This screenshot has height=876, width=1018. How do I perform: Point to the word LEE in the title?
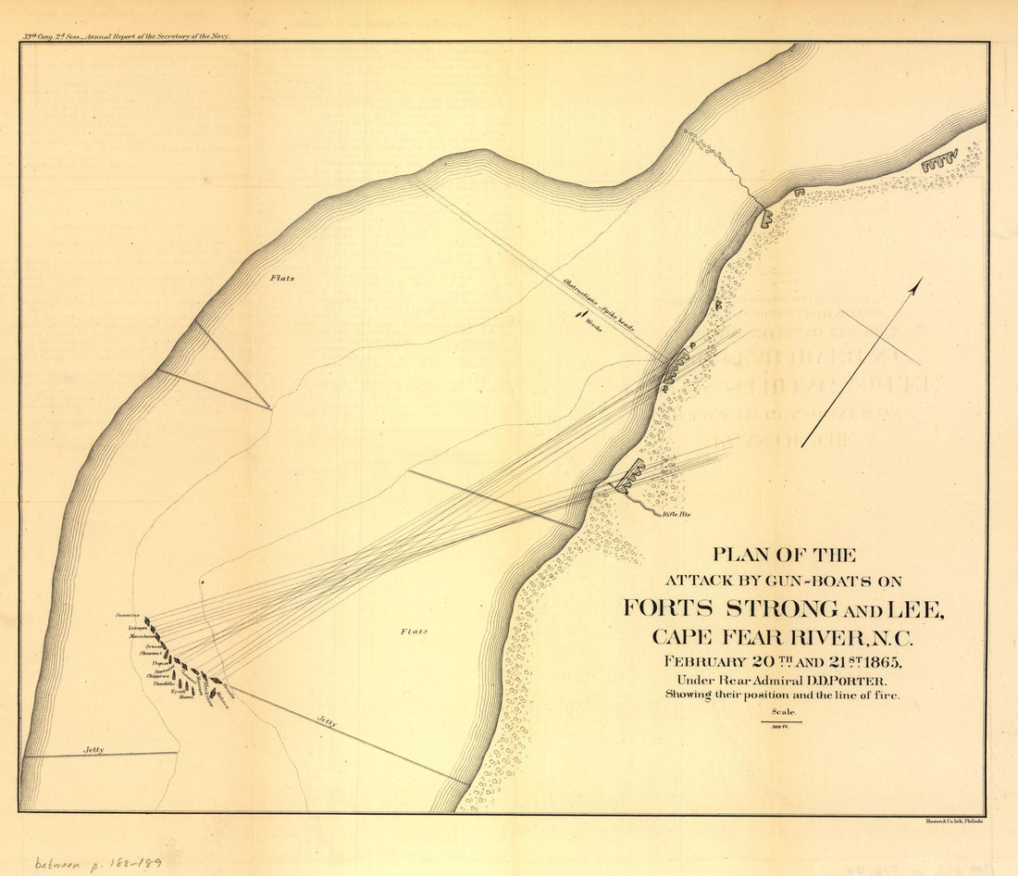click(x=913, y=608)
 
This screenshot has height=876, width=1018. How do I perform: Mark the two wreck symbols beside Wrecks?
click(x=579, y=315)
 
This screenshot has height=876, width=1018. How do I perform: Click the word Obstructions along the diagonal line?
click(x=580, y=292)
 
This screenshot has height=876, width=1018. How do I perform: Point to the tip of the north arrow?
click(x=920, y=281)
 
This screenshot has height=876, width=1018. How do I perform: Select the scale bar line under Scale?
click(x=781, y=722)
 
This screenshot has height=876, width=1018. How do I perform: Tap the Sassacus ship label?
click(x=127, y=615)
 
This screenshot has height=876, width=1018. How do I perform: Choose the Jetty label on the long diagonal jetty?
click(x=326, y=722)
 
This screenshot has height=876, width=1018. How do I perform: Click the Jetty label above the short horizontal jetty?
click(x=92, y=749)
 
